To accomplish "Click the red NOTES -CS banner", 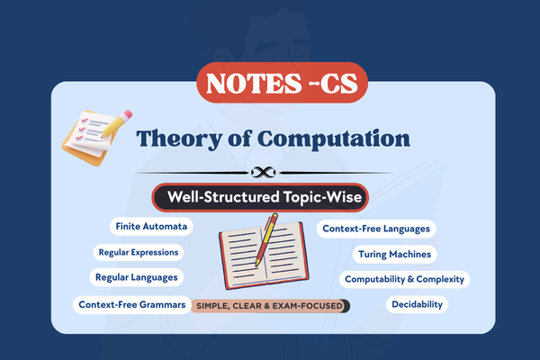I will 270,84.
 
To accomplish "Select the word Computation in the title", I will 346,139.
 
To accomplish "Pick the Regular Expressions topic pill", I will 139,253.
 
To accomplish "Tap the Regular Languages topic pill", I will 137,277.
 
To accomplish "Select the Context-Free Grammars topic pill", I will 132,305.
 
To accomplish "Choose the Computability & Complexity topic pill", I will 404,279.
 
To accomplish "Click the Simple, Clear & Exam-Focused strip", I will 268,306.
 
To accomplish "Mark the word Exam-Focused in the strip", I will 310,306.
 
